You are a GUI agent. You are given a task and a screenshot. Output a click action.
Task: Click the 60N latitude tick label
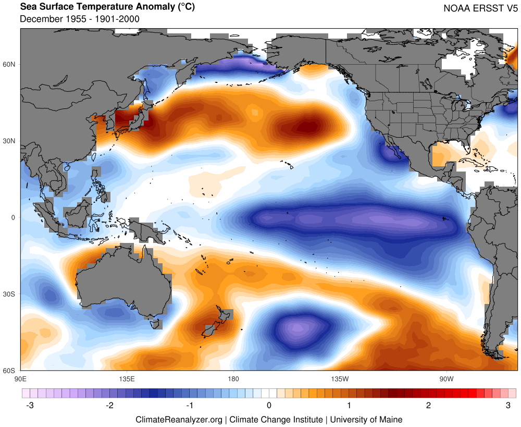(x=10, y=64)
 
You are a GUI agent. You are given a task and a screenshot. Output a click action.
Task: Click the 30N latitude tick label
(x=10, y=141)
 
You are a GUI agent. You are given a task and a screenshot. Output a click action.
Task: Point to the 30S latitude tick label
(x=10, y=294)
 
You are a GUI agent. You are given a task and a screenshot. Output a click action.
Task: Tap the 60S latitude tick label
(x=10, y=371)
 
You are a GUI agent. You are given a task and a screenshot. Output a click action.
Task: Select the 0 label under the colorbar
(x=269, y=405)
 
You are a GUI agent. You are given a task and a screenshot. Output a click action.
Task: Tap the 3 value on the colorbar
(x=508, y=405)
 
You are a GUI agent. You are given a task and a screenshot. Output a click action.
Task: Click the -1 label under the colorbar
(x=190, y=405)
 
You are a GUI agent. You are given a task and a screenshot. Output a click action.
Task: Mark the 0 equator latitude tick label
(x=14, y=217)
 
